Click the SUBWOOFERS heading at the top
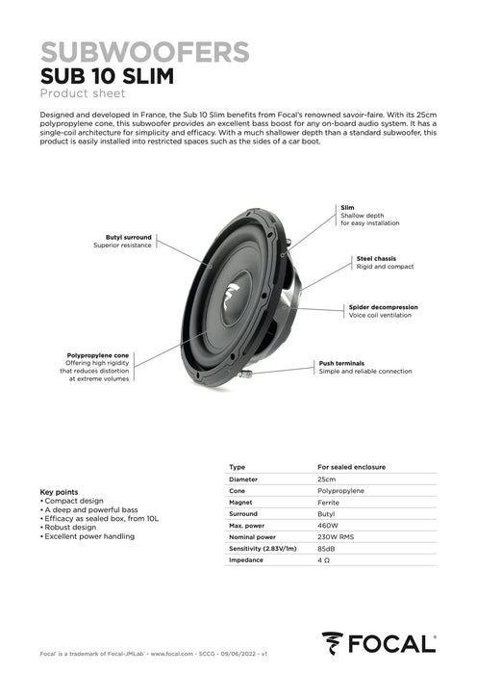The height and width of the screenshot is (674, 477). tap(145, 51)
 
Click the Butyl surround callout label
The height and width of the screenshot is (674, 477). tap(129, 236)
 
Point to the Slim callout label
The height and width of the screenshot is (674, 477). tap(347, 207)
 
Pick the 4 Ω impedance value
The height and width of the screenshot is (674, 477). tap(324, 560)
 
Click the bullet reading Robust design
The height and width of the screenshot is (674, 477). tap(71, 528)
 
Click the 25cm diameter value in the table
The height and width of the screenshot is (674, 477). tap(327, 479)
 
